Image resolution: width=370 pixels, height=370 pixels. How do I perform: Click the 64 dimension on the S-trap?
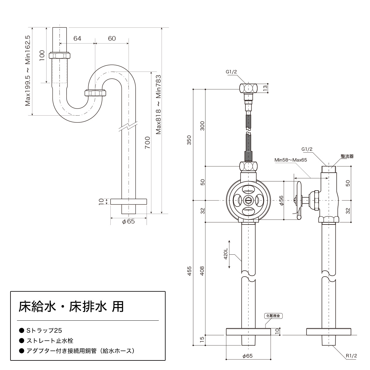(77, 39)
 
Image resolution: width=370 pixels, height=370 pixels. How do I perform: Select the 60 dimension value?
(112, 39)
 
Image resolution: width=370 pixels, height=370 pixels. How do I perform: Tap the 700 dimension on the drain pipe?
(147, 142)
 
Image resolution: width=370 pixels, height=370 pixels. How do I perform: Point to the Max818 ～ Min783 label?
(158, 105)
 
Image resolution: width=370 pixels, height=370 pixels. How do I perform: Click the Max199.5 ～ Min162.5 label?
(28, 71)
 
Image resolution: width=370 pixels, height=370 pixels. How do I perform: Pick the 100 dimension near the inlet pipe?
(42, 55)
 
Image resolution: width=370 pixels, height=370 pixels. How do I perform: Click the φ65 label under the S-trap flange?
(128, 221)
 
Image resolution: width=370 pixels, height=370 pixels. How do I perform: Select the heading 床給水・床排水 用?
(71, 306)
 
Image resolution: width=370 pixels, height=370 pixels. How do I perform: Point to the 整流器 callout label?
(347, 156)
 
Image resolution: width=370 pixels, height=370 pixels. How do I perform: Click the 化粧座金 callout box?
(273, 316)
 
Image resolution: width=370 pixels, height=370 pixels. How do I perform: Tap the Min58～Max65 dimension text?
(291, 160)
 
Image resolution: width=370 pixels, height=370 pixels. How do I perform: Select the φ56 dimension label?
(281, 200)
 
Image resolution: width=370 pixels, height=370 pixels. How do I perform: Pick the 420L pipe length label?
(226, 254)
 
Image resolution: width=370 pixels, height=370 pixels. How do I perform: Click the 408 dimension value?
(202, 271)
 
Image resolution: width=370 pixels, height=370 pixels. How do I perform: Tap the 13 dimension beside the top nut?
(265, 88)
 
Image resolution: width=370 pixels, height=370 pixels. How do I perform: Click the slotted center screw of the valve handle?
(248, 200)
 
